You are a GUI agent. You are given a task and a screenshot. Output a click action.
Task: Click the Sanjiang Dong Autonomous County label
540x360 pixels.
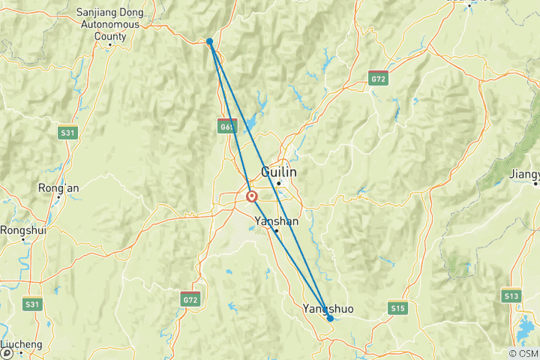110,22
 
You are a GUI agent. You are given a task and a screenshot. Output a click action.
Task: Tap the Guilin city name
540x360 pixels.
278,172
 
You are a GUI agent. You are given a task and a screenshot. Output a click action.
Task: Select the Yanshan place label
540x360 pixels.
277,221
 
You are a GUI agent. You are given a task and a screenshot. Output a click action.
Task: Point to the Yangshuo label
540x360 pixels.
326,308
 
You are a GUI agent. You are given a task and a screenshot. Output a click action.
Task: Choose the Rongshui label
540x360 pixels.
23,230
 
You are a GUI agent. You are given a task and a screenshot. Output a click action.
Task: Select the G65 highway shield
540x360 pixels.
227,127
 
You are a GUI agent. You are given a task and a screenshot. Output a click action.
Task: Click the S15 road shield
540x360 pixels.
397,307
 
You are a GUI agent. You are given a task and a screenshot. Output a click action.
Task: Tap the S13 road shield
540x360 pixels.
511,296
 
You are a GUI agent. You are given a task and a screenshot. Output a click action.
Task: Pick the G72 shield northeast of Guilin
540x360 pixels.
378,77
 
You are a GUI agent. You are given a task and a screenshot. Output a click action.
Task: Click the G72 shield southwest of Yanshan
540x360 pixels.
190,299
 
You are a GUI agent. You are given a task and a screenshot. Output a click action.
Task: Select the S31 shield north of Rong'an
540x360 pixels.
68,133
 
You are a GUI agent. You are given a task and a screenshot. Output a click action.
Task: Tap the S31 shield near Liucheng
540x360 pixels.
32,304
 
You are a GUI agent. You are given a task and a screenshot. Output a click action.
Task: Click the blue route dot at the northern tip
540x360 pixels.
210,41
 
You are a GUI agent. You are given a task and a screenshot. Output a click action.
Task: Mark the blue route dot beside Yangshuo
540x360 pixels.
330,319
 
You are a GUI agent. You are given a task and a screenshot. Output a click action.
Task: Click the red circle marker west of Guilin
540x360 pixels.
251,196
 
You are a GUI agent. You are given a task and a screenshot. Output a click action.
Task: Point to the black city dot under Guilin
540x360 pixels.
278,183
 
